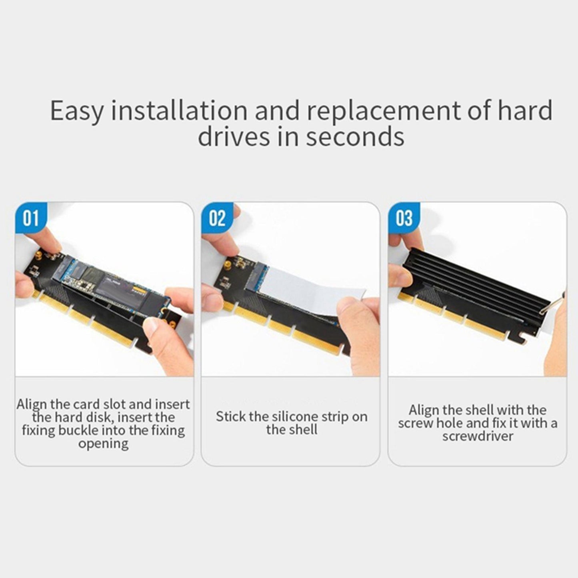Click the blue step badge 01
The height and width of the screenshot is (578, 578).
30,218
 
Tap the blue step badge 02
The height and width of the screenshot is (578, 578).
217,218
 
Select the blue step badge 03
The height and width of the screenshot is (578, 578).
404,218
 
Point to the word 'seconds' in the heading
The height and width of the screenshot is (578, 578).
355,137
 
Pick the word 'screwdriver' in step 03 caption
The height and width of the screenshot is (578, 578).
477,436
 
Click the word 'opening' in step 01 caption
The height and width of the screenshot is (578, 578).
103,444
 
